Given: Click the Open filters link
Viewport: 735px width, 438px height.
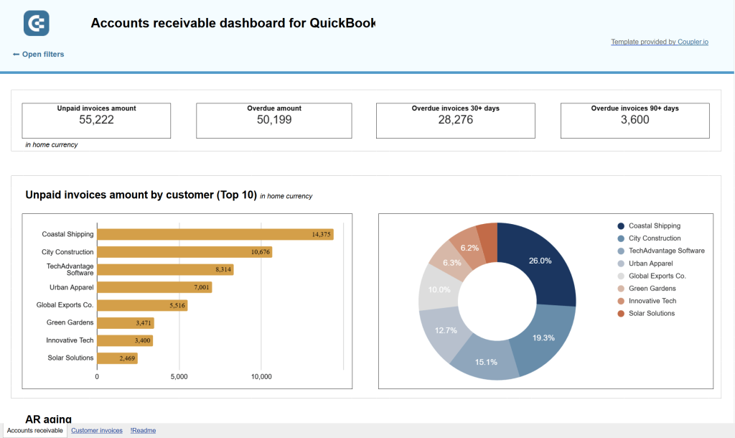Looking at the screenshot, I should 39,55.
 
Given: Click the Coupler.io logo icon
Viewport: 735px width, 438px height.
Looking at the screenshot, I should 36,23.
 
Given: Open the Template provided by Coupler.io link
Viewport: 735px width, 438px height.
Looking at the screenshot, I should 659,42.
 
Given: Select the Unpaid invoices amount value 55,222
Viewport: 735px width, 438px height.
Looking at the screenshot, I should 96,120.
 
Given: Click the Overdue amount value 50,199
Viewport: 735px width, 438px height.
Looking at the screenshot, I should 274,120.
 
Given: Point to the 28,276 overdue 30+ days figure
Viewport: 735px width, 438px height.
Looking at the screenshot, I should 455,120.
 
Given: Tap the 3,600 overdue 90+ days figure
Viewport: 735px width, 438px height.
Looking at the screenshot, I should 635,120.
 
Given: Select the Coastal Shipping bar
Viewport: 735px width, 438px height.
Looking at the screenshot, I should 215,234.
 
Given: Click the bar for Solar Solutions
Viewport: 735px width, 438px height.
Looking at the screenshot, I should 117,358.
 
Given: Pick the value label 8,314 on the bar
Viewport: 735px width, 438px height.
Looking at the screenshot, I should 223,269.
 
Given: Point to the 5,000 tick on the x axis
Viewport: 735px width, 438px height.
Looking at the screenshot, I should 179,376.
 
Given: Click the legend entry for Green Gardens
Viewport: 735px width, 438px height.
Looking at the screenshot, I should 652,289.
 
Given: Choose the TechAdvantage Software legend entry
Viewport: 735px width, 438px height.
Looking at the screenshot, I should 665,251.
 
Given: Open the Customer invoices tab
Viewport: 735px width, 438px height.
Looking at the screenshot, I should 96,431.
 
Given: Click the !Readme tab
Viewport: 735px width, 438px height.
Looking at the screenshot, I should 143,431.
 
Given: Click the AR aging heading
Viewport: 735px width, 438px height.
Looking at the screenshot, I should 48,419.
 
